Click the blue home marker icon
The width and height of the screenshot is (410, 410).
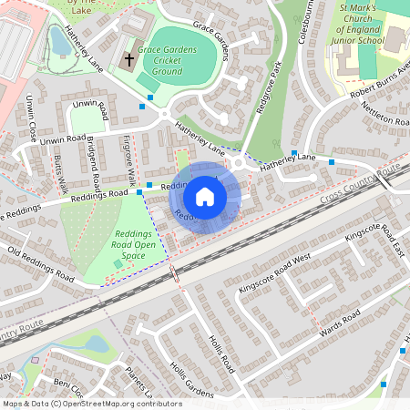click(205, 196)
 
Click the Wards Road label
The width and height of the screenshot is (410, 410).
click(340, 326)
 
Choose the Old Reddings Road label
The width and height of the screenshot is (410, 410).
click(39, 262)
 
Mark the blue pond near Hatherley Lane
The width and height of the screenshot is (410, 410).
click(57, 39)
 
